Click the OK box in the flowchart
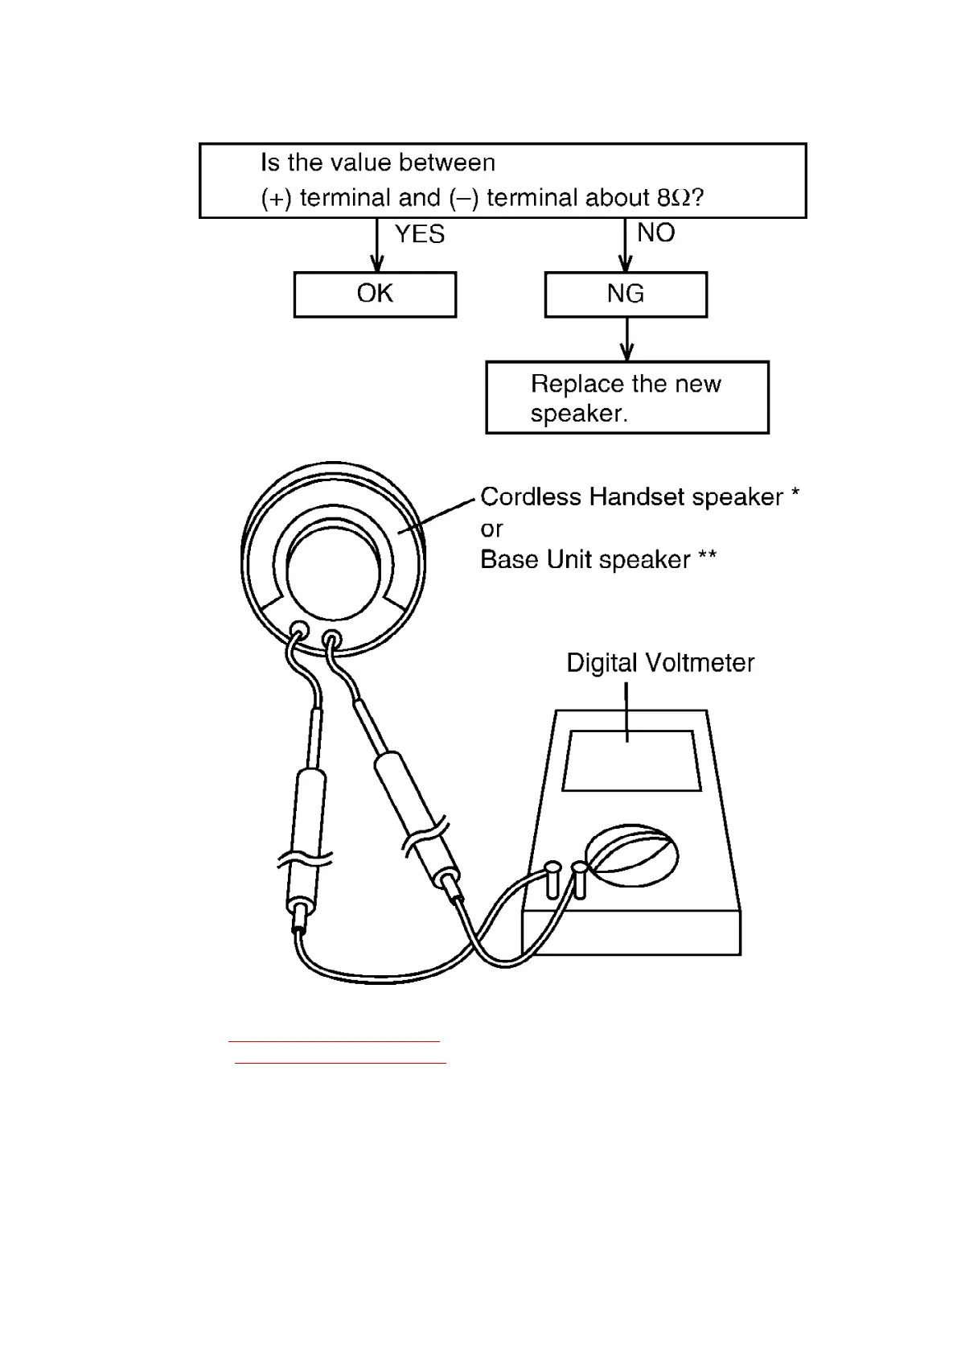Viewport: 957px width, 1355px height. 375,294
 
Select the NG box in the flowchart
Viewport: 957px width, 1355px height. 626,294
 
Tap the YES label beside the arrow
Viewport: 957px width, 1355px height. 420,234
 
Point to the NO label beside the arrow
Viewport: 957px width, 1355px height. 655,233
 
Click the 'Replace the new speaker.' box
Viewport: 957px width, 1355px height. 627,397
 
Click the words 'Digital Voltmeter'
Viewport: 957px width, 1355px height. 660,663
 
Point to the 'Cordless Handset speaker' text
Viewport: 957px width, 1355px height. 631,497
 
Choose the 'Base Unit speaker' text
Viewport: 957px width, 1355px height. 585,560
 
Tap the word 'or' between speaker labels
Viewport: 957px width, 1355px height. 491,529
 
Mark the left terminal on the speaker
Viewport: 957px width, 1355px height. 298,631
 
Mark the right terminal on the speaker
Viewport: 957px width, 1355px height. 331,640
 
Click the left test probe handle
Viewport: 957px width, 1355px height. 308,837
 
